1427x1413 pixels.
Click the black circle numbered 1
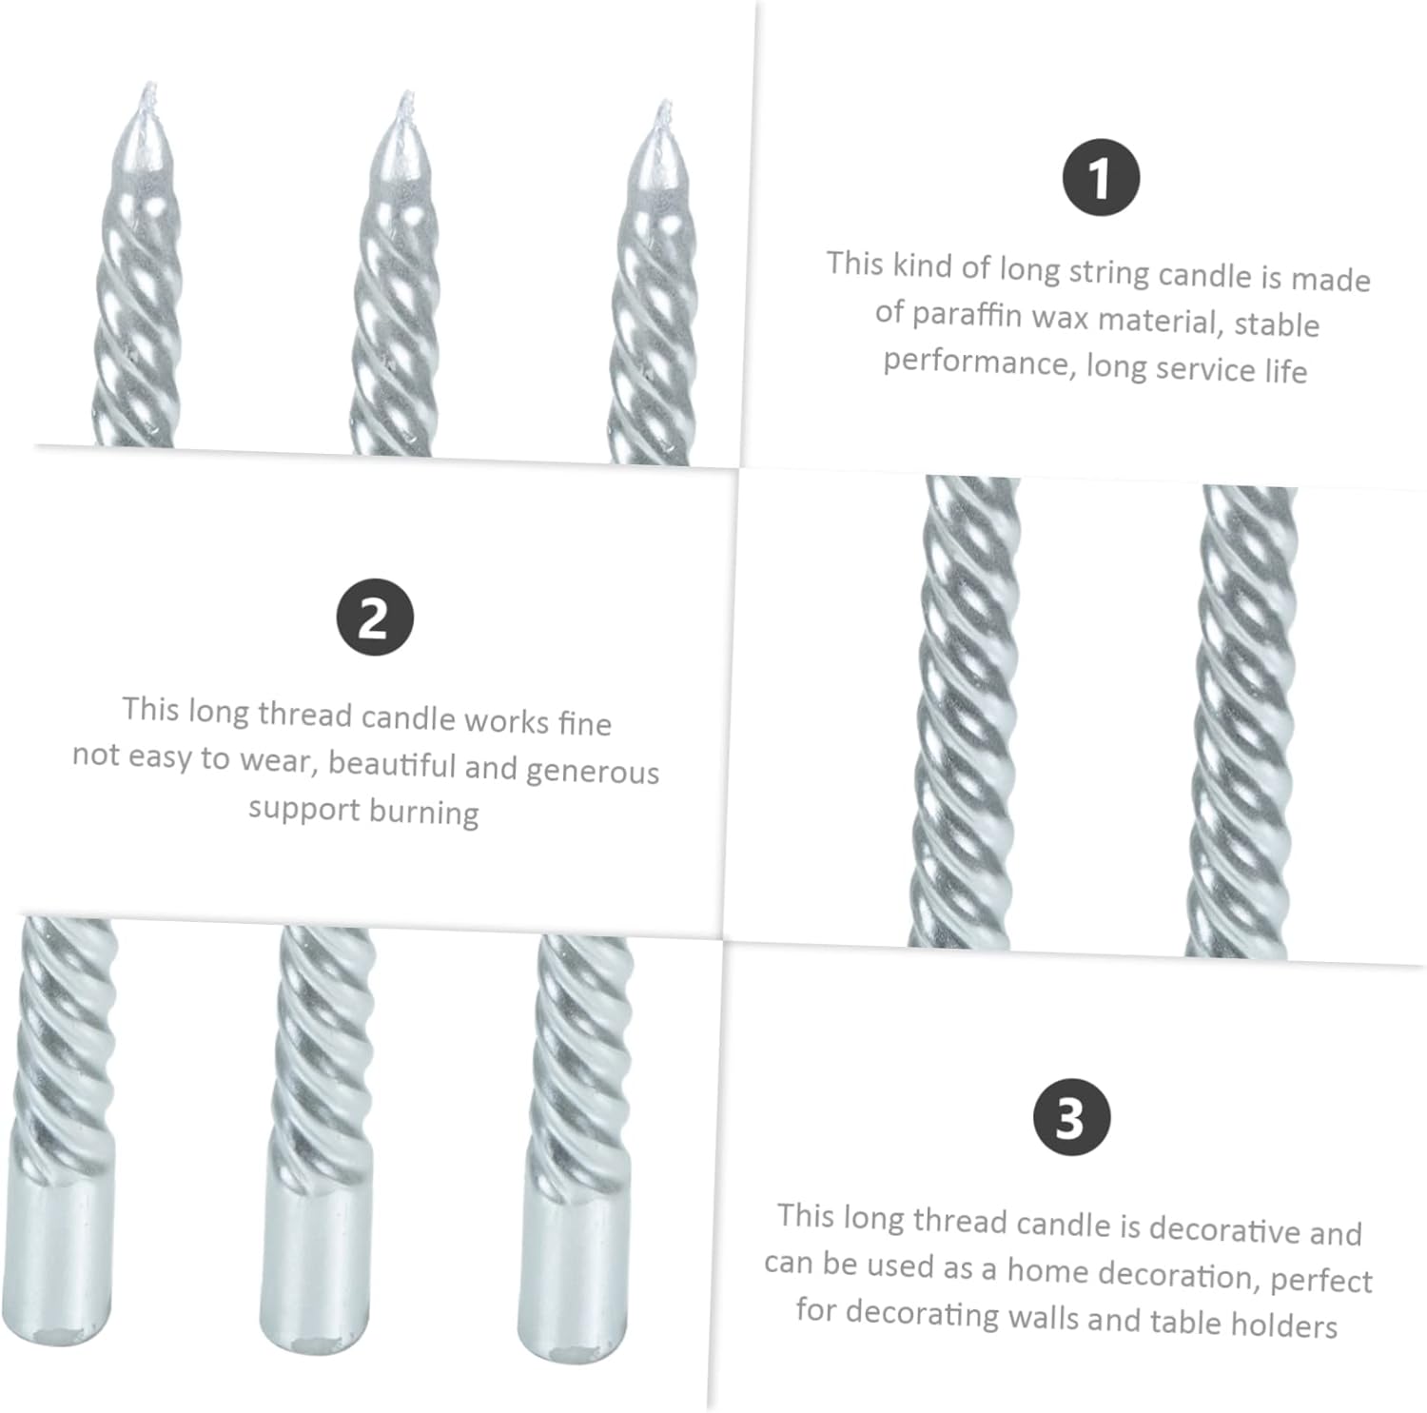[x=1101, y=178]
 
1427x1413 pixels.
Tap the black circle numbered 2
[x=375, y=618]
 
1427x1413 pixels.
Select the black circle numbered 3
[x=1072, y=1117]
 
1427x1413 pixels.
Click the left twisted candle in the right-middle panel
[x=965, y=712]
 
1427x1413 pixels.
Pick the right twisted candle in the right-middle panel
[x=1241, y=721]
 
